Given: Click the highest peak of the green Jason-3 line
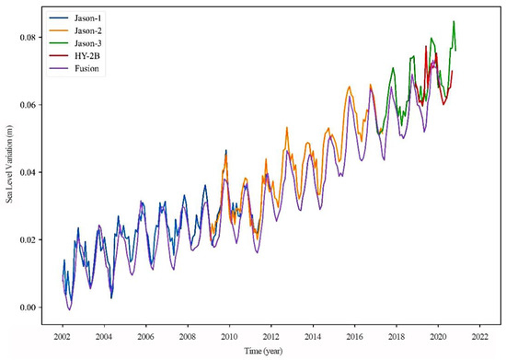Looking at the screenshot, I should coord(454,22).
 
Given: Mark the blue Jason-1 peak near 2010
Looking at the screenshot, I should coord(225,150).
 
